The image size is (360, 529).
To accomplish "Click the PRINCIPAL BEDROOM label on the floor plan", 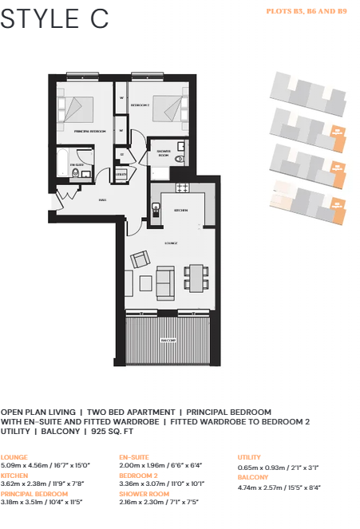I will [x=90, y=130].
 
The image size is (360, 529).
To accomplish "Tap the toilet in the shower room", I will [x=180, y=160].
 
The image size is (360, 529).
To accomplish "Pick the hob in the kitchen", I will [x=181, y=188].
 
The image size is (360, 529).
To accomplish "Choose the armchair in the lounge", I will [x=140, y=259].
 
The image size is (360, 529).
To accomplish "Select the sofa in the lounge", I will [x=165, y=282].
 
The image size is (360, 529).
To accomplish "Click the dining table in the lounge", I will [x=196, y=279].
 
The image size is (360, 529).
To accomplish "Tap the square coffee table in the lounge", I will [x=145, y=282].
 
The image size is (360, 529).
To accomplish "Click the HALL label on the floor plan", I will [x=103, y=199].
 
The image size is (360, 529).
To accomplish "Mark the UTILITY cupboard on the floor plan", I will [x=121, y=173].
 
